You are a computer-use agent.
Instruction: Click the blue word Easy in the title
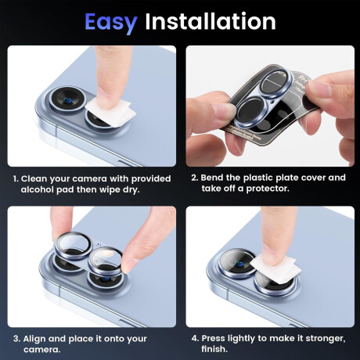click(x=111, y=22)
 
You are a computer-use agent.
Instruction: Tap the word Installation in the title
click(x=211, y=21)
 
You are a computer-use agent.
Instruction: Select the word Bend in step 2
click(x=213, y=178)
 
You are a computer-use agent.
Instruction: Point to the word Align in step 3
click(x=34, y=339)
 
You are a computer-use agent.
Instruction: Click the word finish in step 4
click(x=214, y=349)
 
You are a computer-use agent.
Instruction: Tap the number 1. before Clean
click(x=16, y=179)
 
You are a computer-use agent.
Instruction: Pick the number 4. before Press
click(x=195, y=338)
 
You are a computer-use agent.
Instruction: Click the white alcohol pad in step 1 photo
click(x=111, y=113)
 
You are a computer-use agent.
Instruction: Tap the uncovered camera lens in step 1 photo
click(x=67, y=100)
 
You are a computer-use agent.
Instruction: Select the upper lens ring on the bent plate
click(x=275, y=82)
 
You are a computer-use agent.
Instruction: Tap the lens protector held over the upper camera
click(x=73, y=245)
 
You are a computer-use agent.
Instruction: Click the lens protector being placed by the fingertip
click(x=105, y=261)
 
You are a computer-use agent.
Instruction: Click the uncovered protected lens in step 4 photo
click(x=237, y=263)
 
